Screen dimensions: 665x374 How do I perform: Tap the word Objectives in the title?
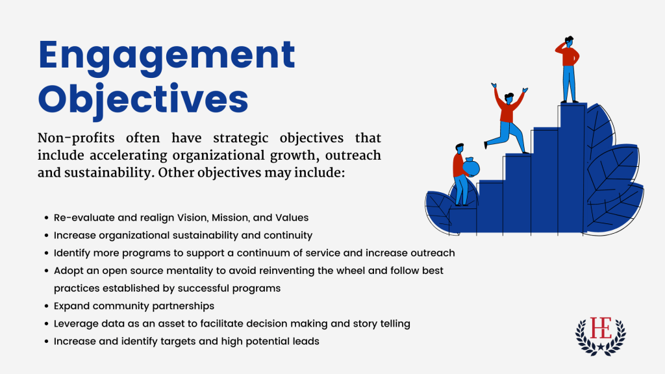(143, 100)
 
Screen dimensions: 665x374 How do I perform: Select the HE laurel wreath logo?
(601, 336)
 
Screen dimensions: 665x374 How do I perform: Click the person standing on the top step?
(568, 69)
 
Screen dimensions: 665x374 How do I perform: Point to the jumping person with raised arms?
(507, 118)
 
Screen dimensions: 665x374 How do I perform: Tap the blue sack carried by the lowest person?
(471, 167)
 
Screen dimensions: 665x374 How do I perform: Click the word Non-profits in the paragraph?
(76, 138)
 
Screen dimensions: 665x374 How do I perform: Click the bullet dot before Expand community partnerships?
(47, 306)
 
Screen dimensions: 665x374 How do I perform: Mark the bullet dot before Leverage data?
(47, 324)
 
